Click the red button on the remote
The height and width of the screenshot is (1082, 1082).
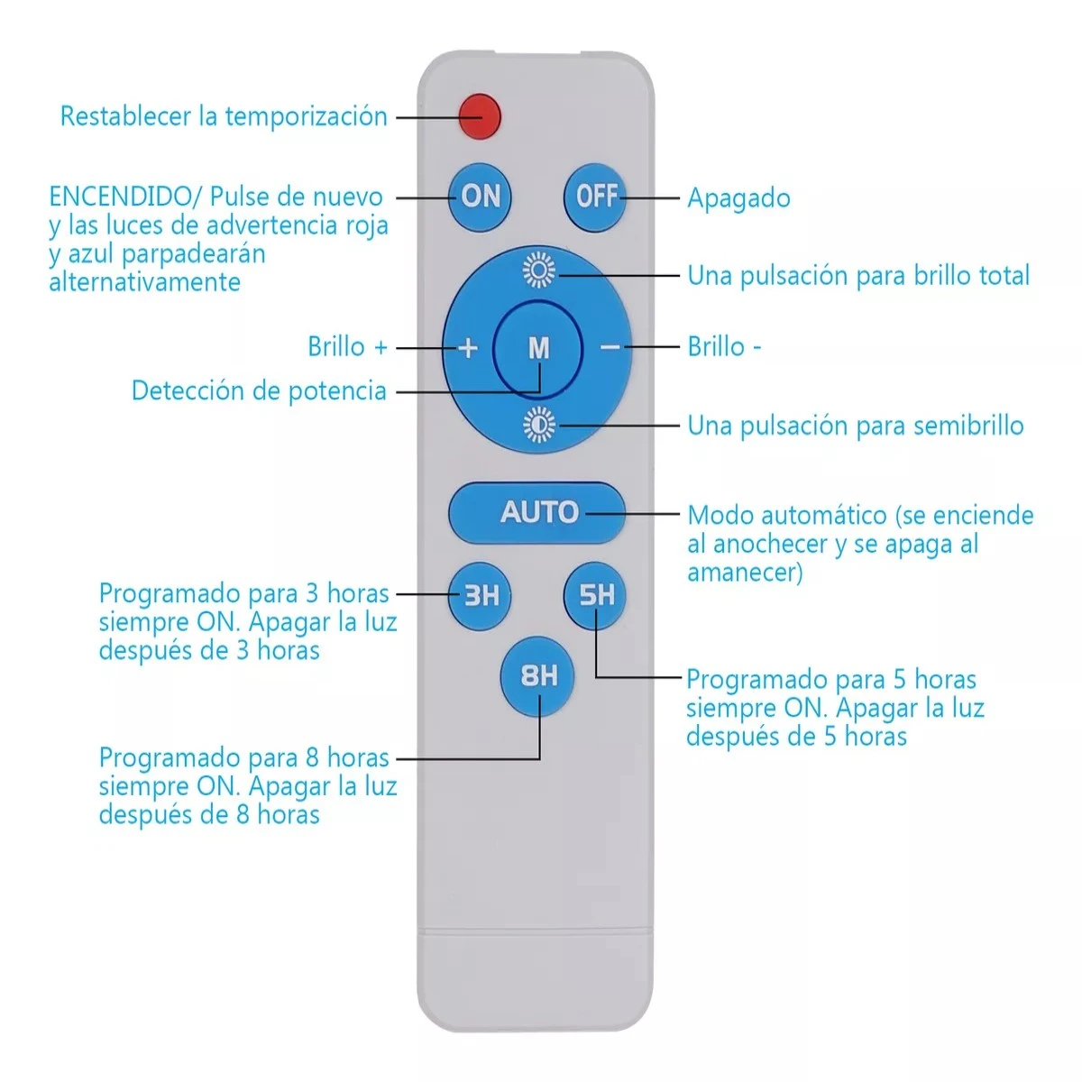(x=479, y=116)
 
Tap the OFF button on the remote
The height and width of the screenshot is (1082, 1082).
(x=596, y=196)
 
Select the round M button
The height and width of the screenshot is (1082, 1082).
(x=538, y=348)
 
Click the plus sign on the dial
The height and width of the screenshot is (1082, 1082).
(x=467, y=348)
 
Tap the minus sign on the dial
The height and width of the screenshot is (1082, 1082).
(x=610, y=347)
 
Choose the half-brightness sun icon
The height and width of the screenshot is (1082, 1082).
(x=539, y=424)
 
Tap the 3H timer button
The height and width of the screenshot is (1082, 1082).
(x=481, y=595)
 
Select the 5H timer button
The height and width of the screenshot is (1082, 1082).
(x=596, y=595)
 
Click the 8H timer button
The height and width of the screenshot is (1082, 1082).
(x=538, y=675)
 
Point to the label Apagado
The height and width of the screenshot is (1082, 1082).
(x=738, y=198)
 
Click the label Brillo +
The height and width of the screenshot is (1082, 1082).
(x=347, y=347)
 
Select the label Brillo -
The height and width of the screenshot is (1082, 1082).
(x=724, y=347)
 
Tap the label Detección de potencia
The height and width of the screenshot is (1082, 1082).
(x=259, y=391)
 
